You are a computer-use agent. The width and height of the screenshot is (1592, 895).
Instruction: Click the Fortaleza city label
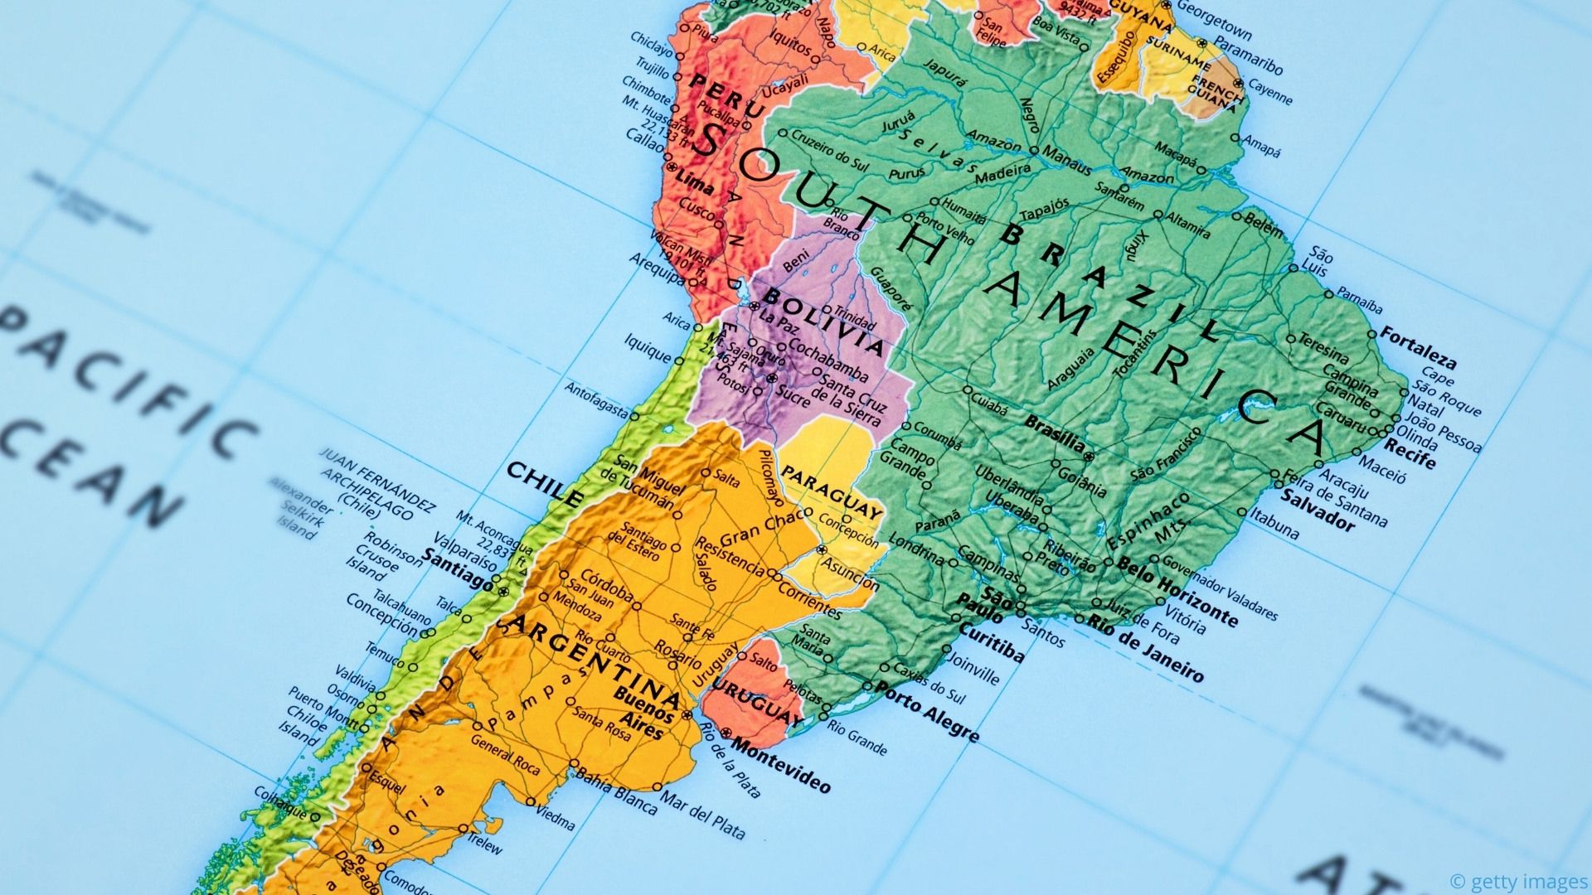click(1418, 349)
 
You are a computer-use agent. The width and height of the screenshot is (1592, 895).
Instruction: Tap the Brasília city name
click(1055, 433)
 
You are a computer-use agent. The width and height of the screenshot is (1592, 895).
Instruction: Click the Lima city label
click(694, 180)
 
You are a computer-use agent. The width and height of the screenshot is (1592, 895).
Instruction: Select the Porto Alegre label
click(929, 711)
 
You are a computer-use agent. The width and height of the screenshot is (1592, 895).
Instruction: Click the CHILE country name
click(544, 484)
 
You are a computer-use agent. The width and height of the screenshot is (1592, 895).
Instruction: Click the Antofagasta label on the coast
click(597, 399)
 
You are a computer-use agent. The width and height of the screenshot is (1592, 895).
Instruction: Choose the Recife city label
click(1410, 455)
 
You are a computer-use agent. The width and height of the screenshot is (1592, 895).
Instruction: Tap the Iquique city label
click(648, 349)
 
